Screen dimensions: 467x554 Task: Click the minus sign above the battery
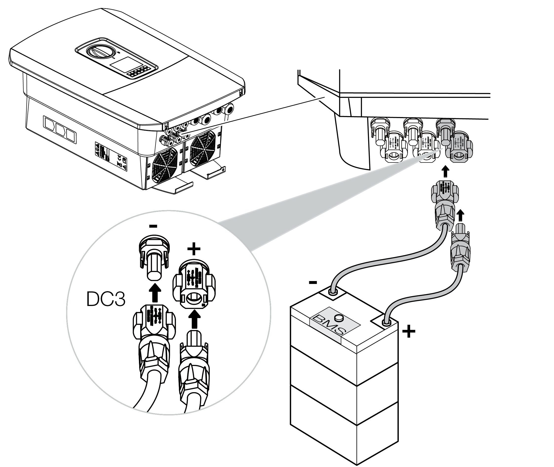[313, 283]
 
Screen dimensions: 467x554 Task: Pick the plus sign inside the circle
[194, 249]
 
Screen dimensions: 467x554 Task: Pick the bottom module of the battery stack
[344, 429]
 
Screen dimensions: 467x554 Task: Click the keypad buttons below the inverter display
[137, 73]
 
